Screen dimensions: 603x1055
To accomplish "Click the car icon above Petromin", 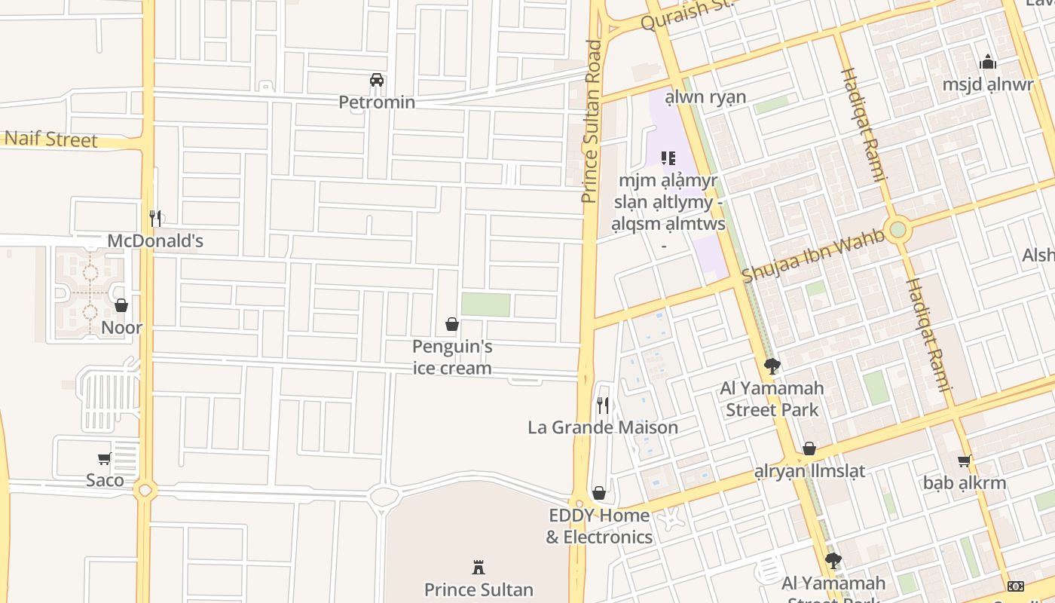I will tap(377, 80).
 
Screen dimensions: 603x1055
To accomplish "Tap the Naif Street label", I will tap(50, 139).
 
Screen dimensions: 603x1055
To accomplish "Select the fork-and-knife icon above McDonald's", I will tap(155, 219).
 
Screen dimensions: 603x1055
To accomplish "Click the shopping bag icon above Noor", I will tap(121, 305).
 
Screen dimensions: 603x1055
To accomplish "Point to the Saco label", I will tap(105, 480).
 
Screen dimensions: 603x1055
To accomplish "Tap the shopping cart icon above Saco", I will tap(105, 458).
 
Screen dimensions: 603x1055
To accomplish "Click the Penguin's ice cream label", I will tap(452, 357).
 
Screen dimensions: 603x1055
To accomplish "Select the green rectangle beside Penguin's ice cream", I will tap(485, 305).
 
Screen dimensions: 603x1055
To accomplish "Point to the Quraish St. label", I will tap(686, 15).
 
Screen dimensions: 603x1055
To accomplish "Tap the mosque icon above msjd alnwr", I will tap(988, 63).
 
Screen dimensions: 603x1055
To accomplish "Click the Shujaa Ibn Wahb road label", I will tap(814, 256).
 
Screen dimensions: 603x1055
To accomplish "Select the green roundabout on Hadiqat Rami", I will tap(897, 230).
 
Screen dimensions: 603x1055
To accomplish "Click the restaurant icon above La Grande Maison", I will tap(603, 406).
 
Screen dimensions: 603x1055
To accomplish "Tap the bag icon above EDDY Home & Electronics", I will tap(599, 493).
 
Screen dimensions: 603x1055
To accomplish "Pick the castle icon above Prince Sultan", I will tap(478, 567).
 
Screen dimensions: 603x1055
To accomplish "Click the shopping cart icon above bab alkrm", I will tap(964, 461).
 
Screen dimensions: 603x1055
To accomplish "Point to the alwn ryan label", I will tap(705, 96).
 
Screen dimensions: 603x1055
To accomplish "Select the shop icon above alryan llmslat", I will tap(809, 448).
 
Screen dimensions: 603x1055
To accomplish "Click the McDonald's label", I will tap(155, 241).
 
